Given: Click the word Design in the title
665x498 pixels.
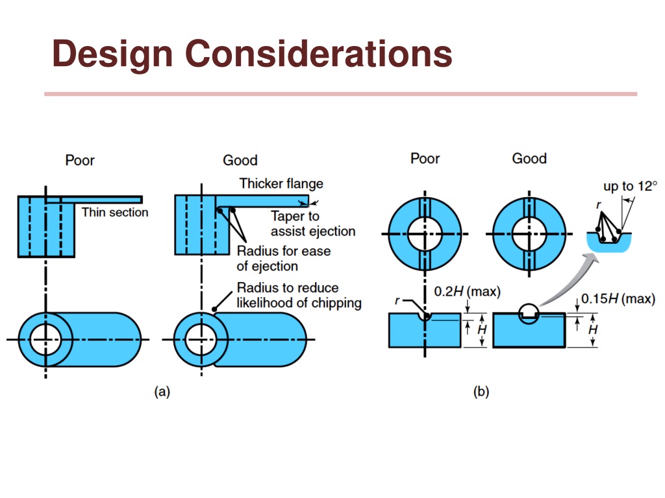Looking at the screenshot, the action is tap(112, 53).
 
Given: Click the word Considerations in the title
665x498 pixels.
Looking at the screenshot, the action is tap(319, 53).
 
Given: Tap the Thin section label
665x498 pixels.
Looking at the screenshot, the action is tap(115, 212).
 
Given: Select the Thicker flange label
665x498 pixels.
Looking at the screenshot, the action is tap(281, 184).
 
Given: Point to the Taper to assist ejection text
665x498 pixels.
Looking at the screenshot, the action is tap(313, 224).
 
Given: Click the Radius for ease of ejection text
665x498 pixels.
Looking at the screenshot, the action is tap(284, 258).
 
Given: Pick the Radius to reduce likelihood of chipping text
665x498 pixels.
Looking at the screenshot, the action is tap(299, 295).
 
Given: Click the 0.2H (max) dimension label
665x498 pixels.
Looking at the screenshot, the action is tap(468, 291).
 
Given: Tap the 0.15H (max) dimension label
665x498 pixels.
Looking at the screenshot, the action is tap(618, 298).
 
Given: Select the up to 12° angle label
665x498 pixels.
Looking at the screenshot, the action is tap(630, 186).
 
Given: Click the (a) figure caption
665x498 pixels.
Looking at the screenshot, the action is tap(162, 391).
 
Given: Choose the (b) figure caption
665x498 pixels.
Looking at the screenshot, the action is tap(481, 391).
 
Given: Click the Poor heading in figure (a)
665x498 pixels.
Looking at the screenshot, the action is tap(80, 160).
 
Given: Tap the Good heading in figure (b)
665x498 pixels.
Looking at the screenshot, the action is tap(529, 158).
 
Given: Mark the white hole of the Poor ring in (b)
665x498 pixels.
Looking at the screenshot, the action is tap(425, 233).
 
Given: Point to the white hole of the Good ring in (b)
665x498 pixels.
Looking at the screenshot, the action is tap(529, 233).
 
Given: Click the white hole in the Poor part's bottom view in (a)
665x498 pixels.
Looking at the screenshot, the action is tap(46, 340).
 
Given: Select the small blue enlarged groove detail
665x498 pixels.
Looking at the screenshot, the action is tap(609, 243).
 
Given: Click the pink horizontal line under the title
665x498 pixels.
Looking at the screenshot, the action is tap(340, 94).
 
